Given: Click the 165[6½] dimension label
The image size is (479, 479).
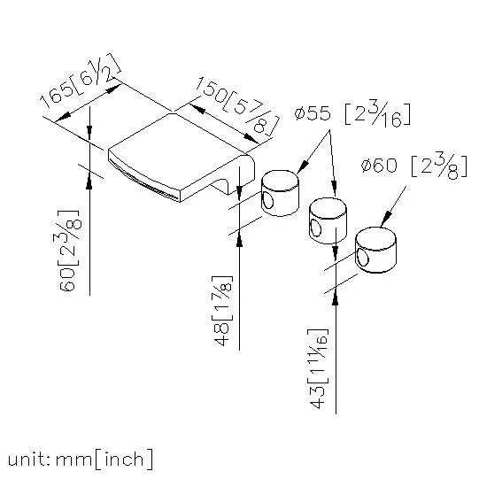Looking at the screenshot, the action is [80, 81].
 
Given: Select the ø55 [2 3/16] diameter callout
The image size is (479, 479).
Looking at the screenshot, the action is [352, 114].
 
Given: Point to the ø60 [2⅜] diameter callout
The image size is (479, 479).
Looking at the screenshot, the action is [414, 166].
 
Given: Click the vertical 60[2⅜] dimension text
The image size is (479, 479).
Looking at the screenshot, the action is [70, 251].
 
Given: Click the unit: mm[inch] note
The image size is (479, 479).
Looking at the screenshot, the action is [80, 460].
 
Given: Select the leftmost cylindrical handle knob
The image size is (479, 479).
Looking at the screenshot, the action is [280, 193].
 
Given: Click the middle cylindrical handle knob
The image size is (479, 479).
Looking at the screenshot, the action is [328, 220].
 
